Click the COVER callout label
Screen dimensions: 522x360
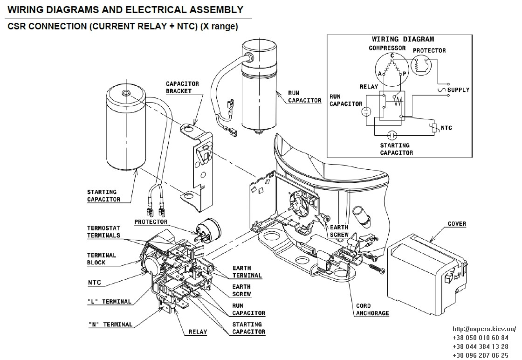(x=457, y=224)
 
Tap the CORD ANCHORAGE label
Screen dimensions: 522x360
(x=372, y=309)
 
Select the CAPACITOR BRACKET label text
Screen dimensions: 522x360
(x=182, y=87)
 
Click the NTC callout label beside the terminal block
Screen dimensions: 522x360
(x=94, y=283)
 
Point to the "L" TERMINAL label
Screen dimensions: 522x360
(x=109, y=301)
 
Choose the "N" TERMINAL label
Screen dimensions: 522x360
(x=110, y=325)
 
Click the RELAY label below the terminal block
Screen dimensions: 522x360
(x=198, y=332)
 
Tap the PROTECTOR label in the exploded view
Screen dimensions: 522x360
(x=151, y=222)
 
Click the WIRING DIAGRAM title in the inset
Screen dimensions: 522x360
(x=403, y=39)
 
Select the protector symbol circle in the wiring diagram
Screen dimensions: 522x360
(x=421, y=65)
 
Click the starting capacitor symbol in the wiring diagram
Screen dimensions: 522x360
(x=392, y=135)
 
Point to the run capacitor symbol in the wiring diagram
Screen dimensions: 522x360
(x=366, y=111)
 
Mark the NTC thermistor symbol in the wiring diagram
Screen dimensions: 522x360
(x=434, y=128)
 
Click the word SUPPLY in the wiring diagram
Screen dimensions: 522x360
(x=458, y=90)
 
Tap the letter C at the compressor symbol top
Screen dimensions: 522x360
(x=392, y=55)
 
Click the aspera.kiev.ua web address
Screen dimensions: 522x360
(x=484, y=329)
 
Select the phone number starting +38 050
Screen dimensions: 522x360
(x=481, y=338)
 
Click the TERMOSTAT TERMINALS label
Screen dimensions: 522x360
(x=103, y=232)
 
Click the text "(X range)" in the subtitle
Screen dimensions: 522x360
(x=219, y=26)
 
